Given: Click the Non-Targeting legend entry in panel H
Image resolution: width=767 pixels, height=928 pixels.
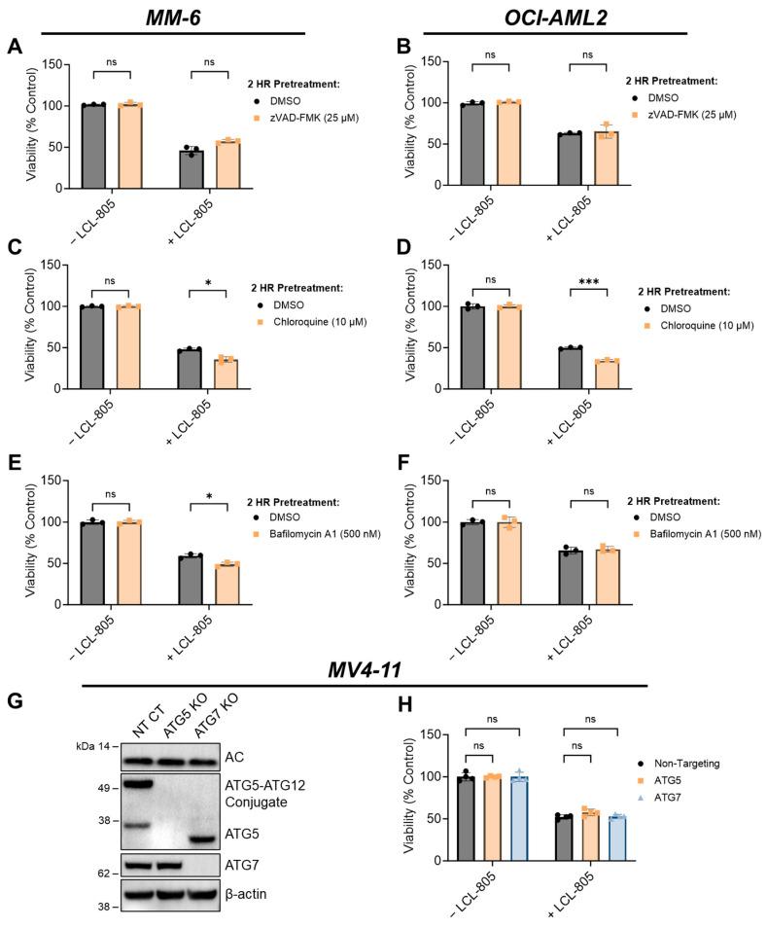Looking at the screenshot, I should [x=689, y=763].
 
